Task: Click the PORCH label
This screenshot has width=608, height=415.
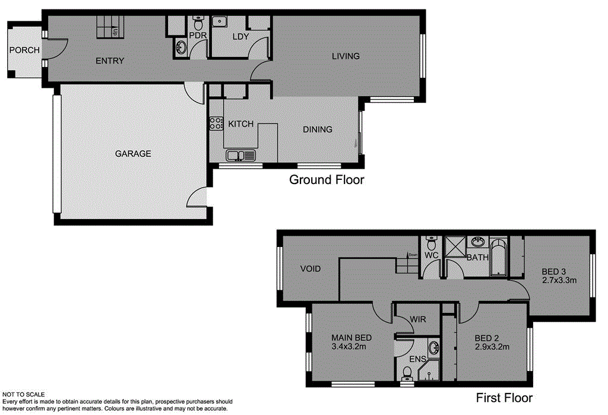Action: click(24, 50)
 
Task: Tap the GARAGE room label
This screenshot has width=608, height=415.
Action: click(133, 154)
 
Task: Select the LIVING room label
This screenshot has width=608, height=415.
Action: click(346, 56)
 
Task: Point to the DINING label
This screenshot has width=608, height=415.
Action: click(318, 129)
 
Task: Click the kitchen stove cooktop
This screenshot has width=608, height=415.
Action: click(214, 123)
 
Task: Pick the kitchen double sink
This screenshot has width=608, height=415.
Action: click(241, 156)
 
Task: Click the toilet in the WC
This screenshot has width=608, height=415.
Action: click(432, 244)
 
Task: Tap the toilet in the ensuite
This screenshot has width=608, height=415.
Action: click(407, 373)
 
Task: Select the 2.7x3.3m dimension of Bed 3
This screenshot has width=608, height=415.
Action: click(559, 281)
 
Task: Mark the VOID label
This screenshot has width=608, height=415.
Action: click(310, 269)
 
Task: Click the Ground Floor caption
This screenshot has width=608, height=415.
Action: click(326, 179)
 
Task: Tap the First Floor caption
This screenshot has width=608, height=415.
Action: click(504, 398)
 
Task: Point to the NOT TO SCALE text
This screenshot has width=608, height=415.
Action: click(24, 394)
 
